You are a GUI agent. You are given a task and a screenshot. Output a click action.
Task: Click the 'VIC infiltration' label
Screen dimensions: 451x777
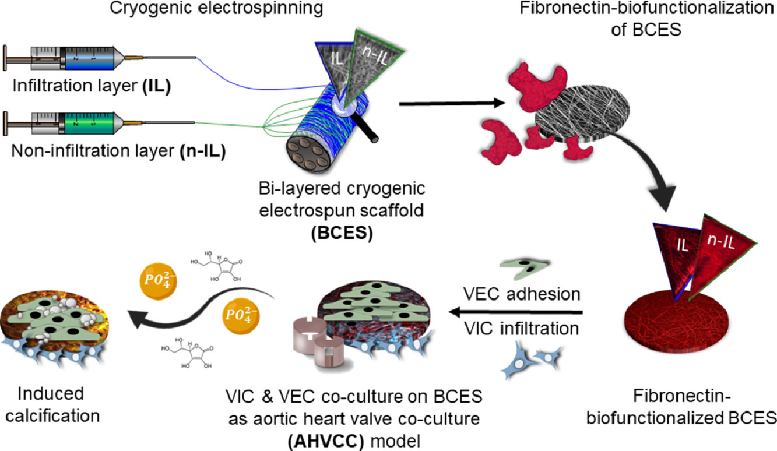tap(512, 329)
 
